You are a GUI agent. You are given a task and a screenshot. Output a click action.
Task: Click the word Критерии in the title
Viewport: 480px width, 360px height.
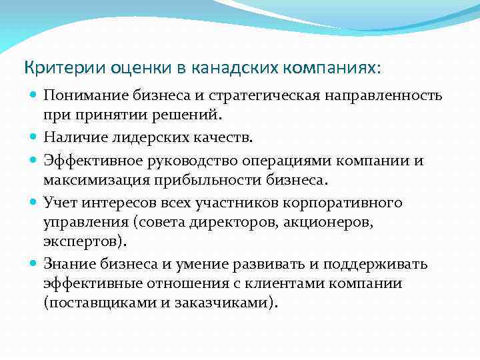coord(52,68)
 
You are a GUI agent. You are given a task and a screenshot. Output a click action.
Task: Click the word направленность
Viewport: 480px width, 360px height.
coord(383,95)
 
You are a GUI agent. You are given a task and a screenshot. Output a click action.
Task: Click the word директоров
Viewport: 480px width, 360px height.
coord(208,220)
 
